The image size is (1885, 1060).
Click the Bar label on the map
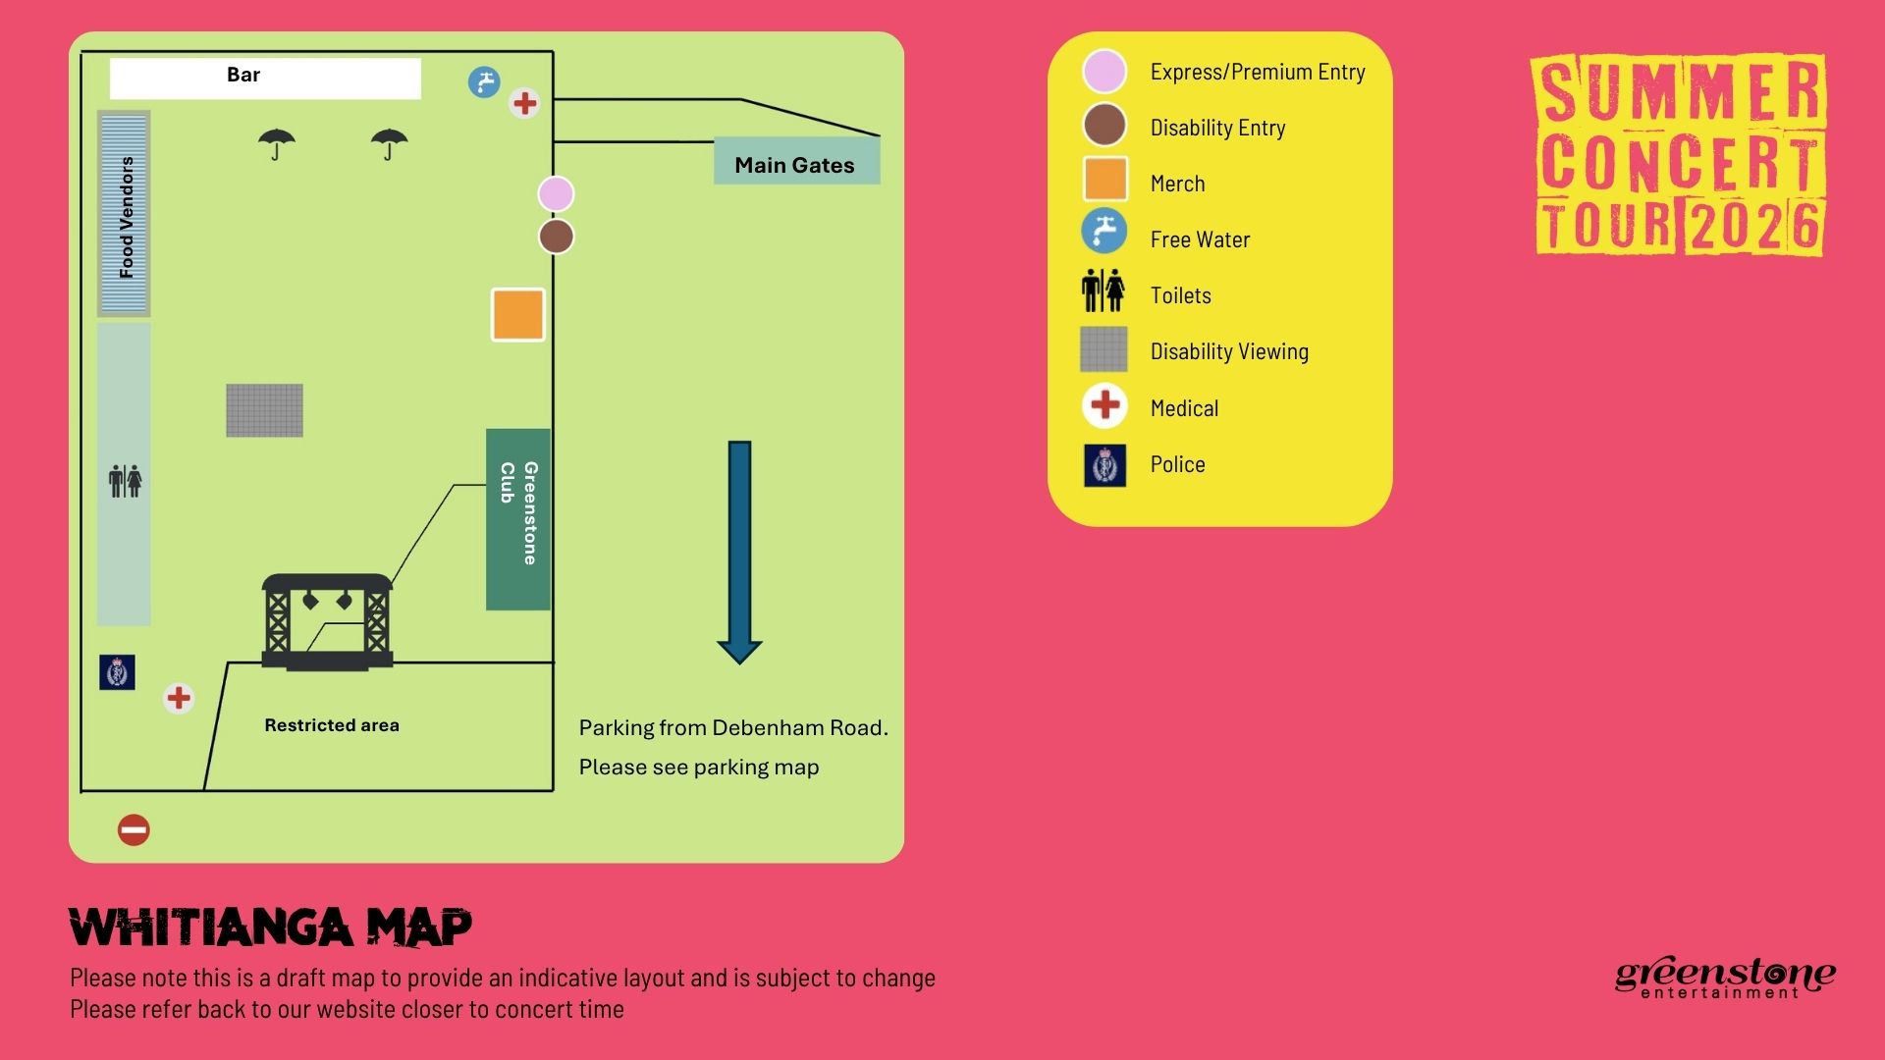tap(243, 76)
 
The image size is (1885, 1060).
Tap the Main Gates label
tap(794, 165)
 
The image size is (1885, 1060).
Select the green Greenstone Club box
tap(517, 518)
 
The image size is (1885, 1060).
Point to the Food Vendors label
tap(126, 216)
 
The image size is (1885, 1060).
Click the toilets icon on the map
tap(125, 481)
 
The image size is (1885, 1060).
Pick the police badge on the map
tap(117, 672)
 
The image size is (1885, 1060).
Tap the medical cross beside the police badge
tap(179, 698)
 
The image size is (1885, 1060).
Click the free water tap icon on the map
tap(484, 82)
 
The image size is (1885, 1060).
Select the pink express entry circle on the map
tap(556, 194)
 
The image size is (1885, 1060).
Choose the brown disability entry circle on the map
tap(556, 237)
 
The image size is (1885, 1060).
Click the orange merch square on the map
tap(518, 315)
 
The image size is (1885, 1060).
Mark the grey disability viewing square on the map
tap(264, 410)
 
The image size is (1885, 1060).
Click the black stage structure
tap(327, 622)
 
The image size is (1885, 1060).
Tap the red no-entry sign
tap(134, 830)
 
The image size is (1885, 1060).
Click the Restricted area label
tap(332, 725)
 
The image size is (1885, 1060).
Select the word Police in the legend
tap(1177, 464)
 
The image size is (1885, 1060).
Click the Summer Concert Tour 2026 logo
tap(1680, 155)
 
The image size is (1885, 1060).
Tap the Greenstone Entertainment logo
tap(1724, 978)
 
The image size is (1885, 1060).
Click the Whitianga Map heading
tap(271, 927)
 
